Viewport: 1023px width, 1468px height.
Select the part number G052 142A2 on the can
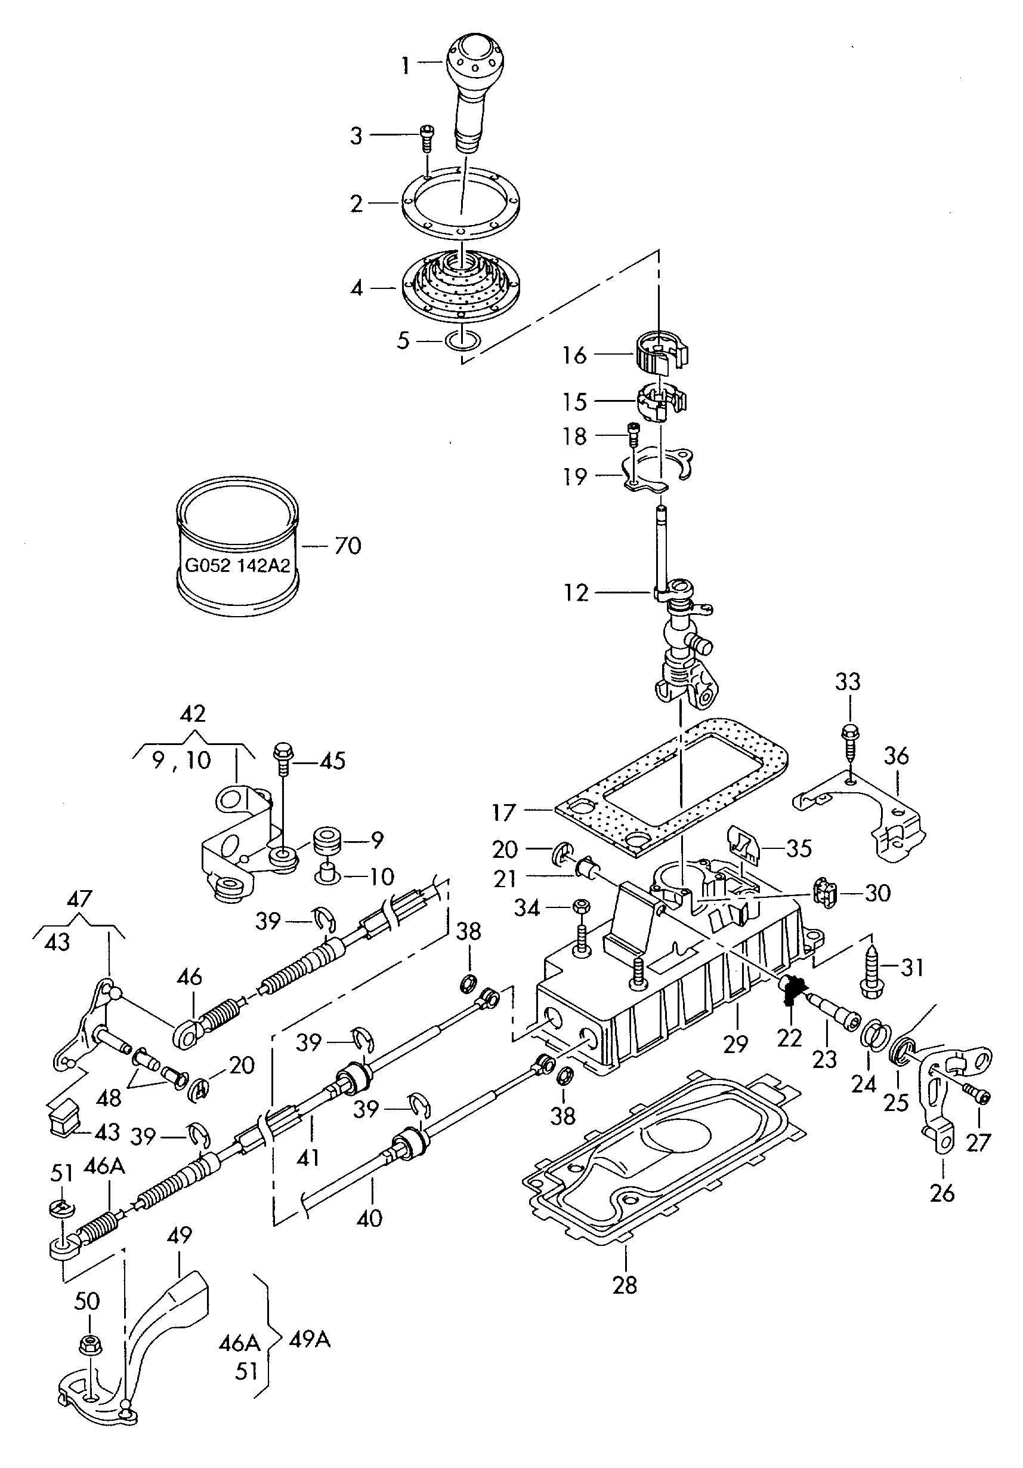(237, 565)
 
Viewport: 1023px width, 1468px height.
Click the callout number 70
(348, 546)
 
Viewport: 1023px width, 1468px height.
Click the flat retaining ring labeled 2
(460, 204)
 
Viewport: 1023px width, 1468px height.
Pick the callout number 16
(574, 355)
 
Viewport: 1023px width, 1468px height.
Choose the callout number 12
(576, 593)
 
